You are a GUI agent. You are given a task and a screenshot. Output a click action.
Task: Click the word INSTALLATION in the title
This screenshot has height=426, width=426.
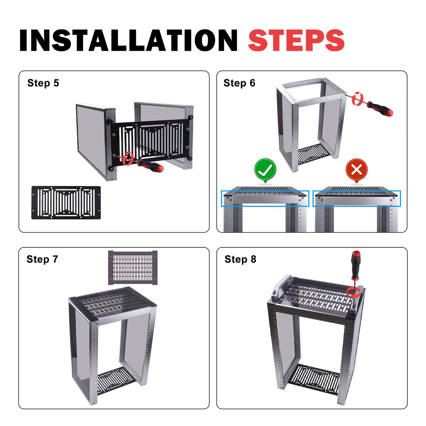[x=128, y=40]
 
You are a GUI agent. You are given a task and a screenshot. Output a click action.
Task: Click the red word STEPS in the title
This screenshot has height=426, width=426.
[x=296, y=40]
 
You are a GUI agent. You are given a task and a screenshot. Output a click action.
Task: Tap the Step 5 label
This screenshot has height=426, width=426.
[x=43, y=83]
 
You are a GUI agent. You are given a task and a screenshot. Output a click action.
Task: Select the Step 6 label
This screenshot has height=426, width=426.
[x=239, y=83]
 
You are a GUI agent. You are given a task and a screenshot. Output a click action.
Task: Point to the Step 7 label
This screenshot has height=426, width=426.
[x=42, y=259]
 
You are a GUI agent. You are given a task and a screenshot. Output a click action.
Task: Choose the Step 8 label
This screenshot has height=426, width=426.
[x=240, y=259]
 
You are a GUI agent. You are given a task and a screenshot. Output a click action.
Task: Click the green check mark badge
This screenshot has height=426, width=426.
[x=265, y=170]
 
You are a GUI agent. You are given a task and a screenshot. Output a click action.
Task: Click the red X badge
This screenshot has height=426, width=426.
[x=357, y=170]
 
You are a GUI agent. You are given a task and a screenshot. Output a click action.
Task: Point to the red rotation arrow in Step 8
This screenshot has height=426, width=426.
[x=353, y=292]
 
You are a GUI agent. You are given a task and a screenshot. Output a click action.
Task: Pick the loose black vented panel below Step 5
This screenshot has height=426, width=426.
[x=66, y=203]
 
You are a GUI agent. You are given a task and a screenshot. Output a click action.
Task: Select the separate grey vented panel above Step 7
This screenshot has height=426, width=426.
[x=133, y=267]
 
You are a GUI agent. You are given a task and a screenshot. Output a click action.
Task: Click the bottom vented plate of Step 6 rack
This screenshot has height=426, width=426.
[x=312, y=154]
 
